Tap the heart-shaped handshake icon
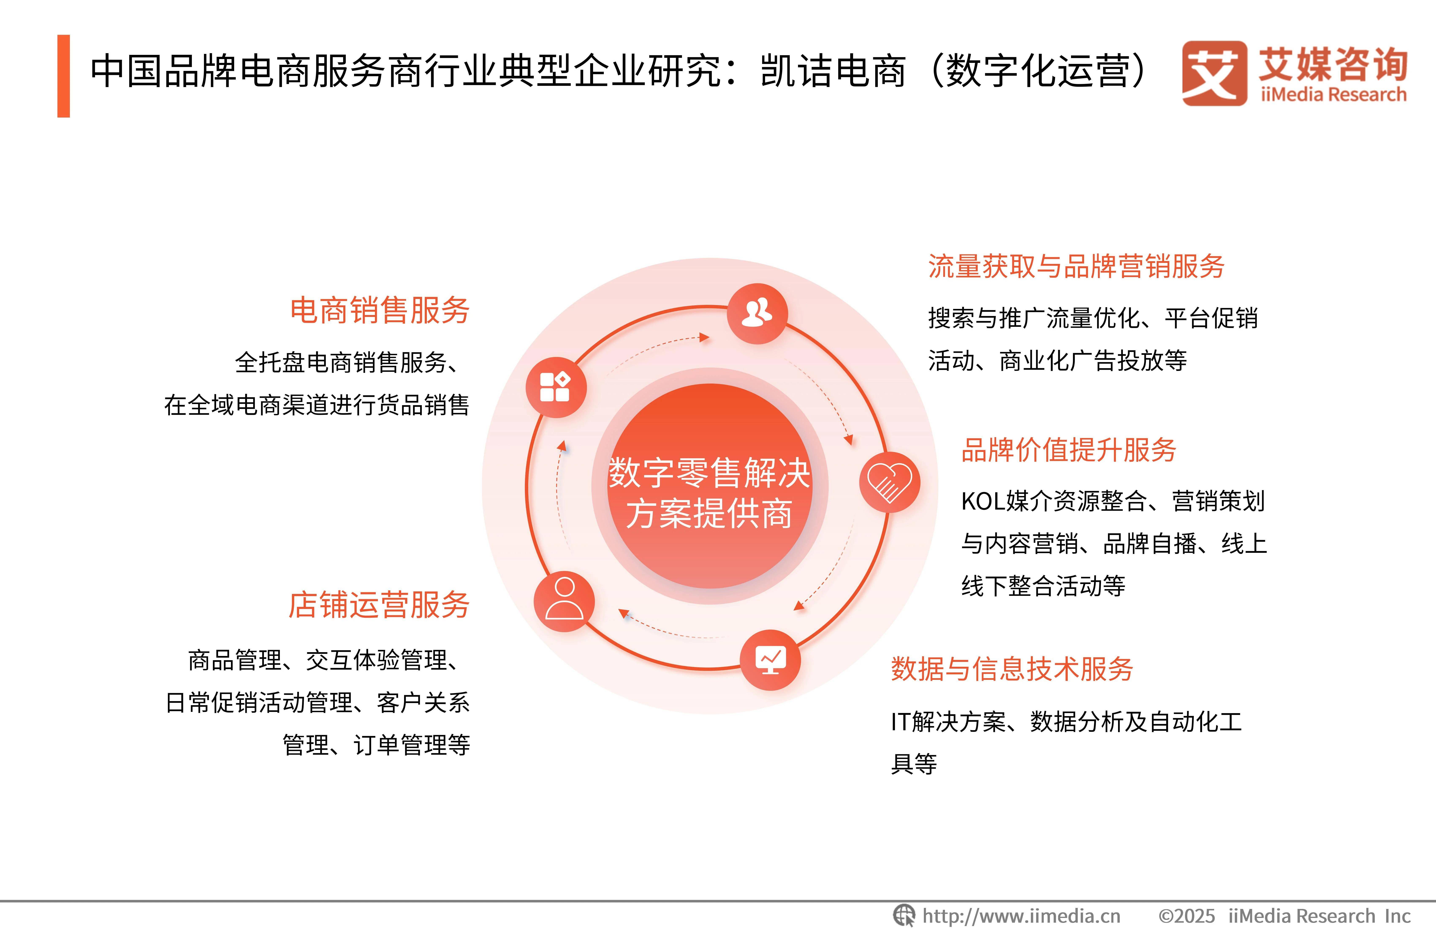[x=889, y=482]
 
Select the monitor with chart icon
[x=771, y=660]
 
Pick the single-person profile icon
[x=564, y=601]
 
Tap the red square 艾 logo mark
[x=1214, y=73]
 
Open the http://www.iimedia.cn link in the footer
[x=1022, y=916]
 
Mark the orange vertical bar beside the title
[x=63, y=76]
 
